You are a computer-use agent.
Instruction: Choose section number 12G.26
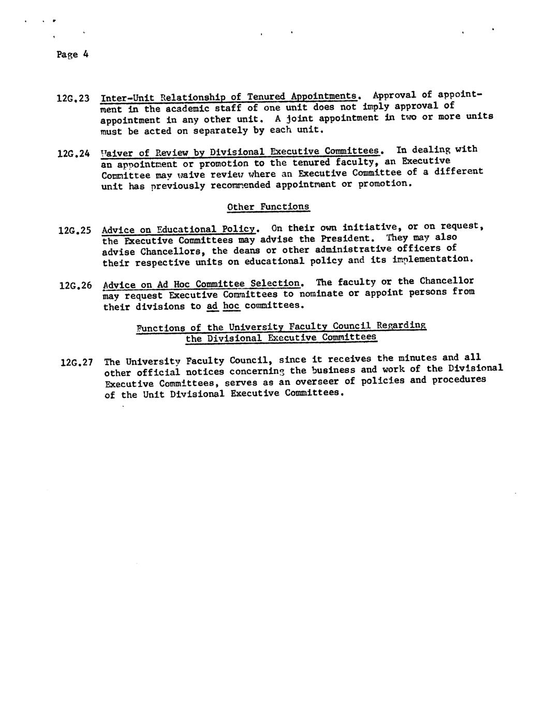coord(76,285)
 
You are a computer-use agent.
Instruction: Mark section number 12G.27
coord(77,362)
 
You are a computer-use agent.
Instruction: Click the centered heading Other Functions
coord(268,207)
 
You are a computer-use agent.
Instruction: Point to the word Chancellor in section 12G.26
coord(447,281)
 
